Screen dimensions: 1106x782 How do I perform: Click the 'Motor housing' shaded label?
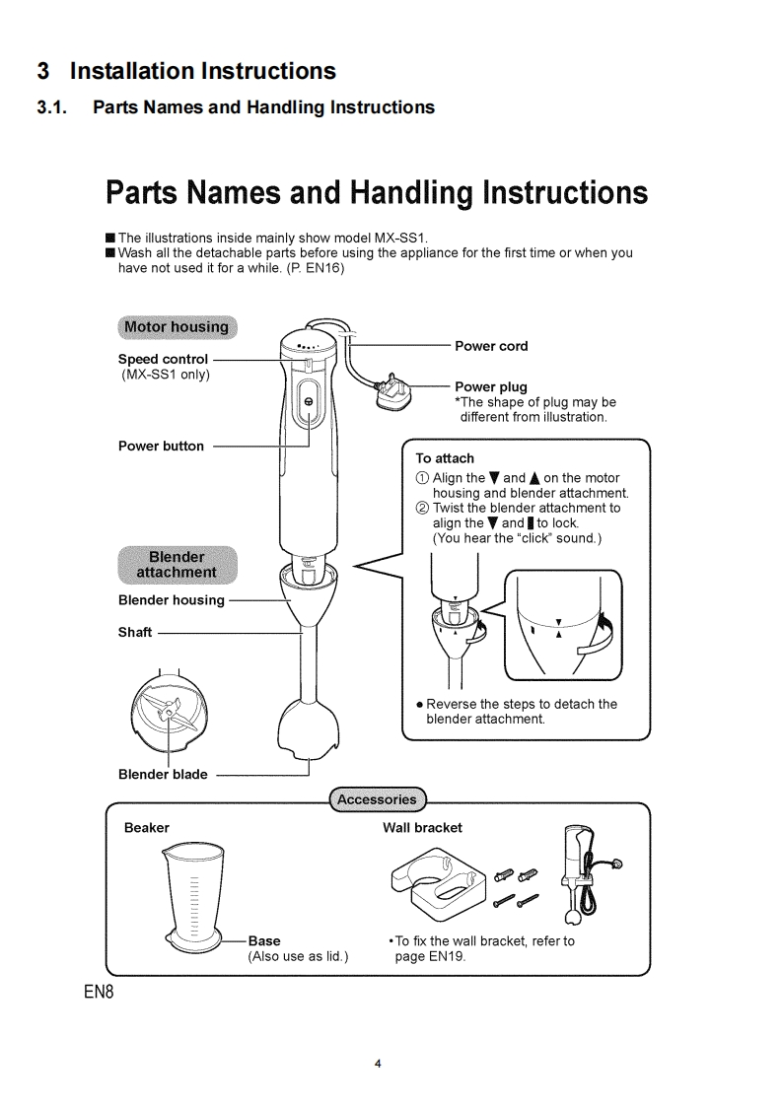click(x=175, y=327)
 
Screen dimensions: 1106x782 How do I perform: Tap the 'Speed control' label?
click(x=163, y=359)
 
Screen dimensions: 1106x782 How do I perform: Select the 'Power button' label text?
click(x=161, y=446)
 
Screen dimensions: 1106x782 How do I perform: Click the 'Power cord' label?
click(x=491, y=346)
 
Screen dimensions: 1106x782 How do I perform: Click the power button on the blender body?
click(x=308, y=402)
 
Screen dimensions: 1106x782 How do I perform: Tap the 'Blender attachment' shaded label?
click(x=177, y=564)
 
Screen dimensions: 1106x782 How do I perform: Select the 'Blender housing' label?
click(x=171, y=600)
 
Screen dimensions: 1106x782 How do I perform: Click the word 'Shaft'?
click(x=135, y=633)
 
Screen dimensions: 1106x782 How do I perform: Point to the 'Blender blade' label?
click(x=163, y=775)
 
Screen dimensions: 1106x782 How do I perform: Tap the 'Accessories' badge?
click(x=376, y=798)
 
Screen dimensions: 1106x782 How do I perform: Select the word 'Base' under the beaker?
click(x=264, y=940)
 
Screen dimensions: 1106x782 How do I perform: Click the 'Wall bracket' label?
click(x=422, y=828)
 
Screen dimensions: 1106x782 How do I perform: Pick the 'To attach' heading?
click(x=445, y=458)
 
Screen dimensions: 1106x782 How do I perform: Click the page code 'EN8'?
click(x=100, y=991)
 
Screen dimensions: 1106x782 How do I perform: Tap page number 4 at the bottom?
click(x=378, y=1064)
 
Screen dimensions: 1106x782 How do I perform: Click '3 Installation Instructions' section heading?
click(x=186, y=71)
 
